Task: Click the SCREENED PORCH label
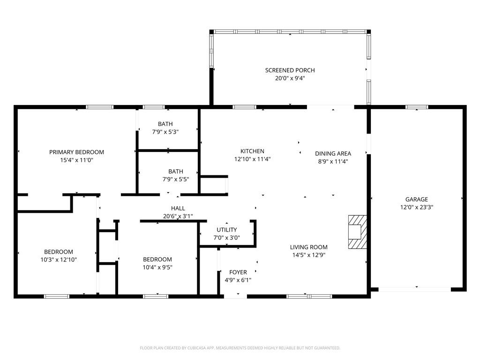tap(290, 70)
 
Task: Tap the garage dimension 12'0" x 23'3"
tap(416, 207)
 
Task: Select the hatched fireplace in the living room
tap(357, 232)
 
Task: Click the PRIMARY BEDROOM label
tap(76, 152)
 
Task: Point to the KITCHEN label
tap(252, 151)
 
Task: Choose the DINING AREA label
tap(333, 153)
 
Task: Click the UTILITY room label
tap(226, 230)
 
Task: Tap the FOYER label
tap(238, 272)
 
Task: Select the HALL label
tap(178, 208)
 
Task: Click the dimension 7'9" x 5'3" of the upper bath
tap(165, 132)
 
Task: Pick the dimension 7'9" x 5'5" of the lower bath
tap(176, 179)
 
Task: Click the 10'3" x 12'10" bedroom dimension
tap(59, 259)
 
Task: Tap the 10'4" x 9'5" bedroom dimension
tap(157, 267)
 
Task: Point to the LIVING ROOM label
tap(308, 247)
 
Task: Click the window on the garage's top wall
tap(417, 107)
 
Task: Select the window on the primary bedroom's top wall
tap(99, 107)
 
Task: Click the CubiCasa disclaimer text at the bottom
tap(240, 348)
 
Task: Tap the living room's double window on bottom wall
tap(309, 296)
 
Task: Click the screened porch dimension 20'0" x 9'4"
tap(290, 78)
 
